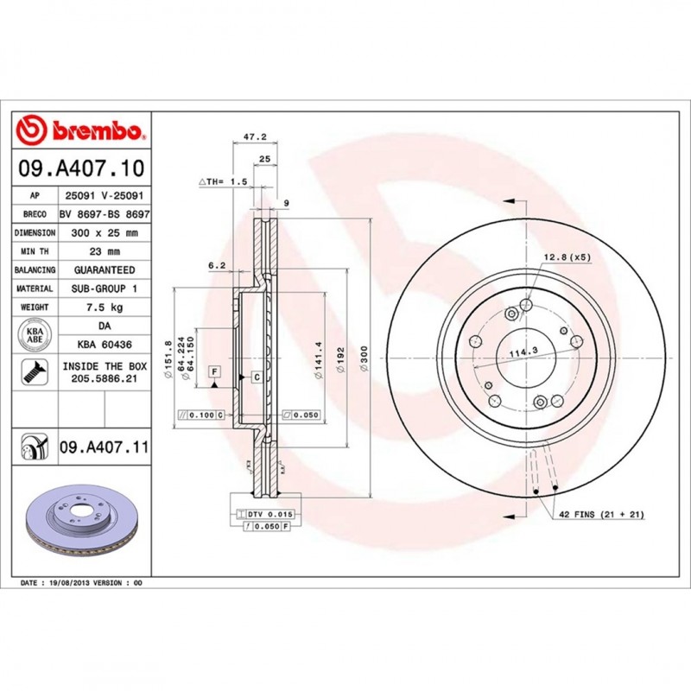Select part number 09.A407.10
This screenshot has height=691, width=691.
click(x=79, y=168)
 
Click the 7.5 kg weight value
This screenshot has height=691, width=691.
click(x=104, y=307)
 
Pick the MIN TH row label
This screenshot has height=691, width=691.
click(x=35, y=251)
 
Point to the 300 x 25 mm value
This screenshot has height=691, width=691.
click(x=104, y=233)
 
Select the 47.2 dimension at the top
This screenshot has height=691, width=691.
click(x=254, y=137)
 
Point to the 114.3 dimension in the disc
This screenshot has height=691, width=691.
click(x=517, y=351)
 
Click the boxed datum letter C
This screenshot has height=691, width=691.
click(x=257, y=377)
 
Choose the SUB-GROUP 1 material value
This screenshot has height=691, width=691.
click(x=104, y=288)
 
